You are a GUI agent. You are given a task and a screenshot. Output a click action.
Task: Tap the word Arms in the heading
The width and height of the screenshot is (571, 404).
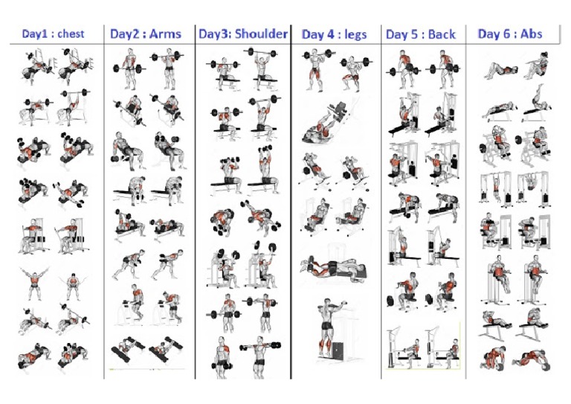coord(167,33)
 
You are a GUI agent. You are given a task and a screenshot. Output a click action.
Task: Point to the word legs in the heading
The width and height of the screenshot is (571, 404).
coord(354,34)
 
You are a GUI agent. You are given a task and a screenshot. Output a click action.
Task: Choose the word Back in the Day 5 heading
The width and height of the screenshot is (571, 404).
coord(442,34)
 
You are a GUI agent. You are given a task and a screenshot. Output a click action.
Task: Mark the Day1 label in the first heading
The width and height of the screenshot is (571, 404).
coord(36,33)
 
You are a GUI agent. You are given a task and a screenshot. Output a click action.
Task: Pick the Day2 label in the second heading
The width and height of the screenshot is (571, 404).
coord(126,33)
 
